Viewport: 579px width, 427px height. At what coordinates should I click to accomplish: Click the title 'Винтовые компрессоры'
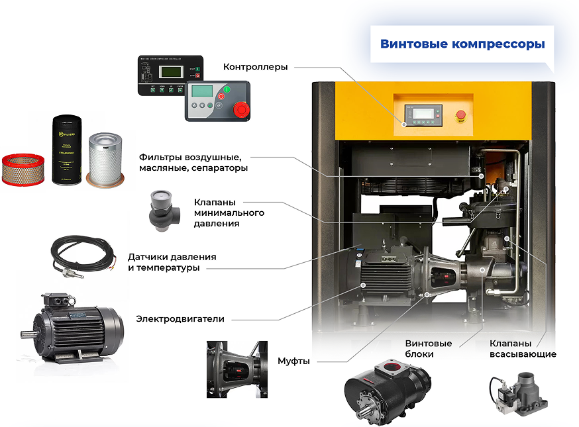pyautogui.click(x=462, y=44)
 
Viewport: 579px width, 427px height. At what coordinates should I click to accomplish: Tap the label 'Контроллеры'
pyautogui.click(x=255, y=67)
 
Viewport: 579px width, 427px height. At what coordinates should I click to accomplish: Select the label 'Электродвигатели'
pyautogui.click(x=180, y=319)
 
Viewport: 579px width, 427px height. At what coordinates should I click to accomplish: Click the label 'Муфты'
pyautogui.click(x=293, y=361)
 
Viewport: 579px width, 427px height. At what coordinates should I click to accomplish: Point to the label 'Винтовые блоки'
pyautogui.click(x=429, y=349)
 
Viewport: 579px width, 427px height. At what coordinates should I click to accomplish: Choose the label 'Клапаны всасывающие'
pyautogui.click(x=513, y=349)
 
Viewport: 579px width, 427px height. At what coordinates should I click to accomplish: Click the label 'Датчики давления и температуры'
pyautogui.click(x=172, y=262)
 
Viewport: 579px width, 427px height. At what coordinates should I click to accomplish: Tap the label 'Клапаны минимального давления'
pyautogui.click(x=229, y=213)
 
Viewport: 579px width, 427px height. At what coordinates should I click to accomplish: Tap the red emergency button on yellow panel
pyautogui.click(x=459, y=116)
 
